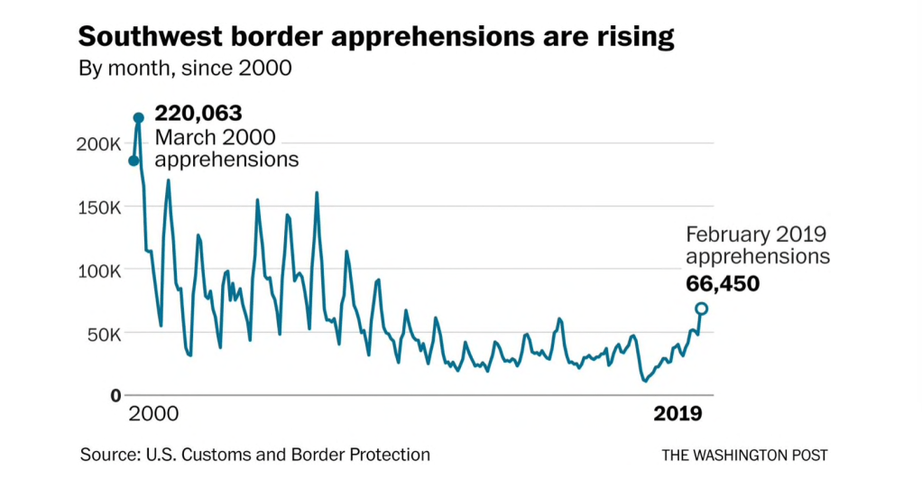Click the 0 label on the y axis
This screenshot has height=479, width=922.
(115, 395)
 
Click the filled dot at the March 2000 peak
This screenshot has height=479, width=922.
(139, 118)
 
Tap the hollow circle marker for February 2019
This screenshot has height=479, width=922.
(701, 309)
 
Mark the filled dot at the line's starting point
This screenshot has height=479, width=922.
(134, 161)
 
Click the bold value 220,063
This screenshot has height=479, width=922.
(198, 114)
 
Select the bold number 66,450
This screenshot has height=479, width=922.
(723, 282)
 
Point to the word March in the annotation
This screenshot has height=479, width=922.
(183, 137)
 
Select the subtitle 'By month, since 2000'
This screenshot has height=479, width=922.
(185, 69)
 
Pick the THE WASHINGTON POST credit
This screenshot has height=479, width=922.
(744, 455)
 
